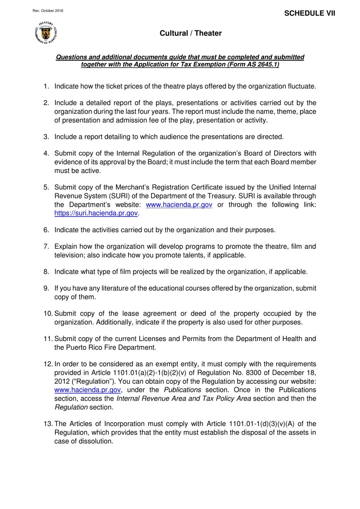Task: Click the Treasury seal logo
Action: [x=46, y=33]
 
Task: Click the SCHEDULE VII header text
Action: [x=310, y=13]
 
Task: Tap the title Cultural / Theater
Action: [x=191, y=33]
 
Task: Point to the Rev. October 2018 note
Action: [x=48, y=11]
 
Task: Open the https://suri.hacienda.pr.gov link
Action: [x=96, y=213]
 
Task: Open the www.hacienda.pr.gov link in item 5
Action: [x=179, y=205]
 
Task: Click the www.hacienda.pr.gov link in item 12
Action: [x=88, y=390]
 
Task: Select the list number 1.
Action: [x=46, y=86]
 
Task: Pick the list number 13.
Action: [x=48, y=424]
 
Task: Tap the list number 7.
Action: [x=46, y=247]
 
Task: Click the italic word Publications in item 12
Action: [x=182, y=390]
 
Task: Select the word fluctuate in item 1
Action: [x=301, y=86]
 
